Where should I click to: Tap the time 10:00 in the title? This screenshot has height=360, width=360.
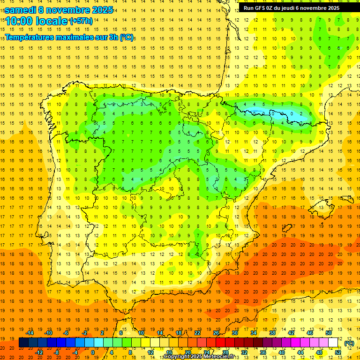coord(20,21)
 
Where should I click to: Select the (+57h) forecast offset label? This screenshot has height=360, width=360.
coord(81,21)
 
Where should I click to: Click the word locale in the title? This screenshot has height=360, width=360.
coord(52,21)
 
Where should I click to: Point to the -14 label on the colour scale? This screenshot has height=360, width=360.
coord(30,333)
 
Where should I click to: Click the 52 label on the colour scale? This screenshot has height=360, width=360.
coord(338,352)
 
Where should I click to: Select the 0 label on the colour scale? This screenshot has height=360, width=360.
coord(93,352)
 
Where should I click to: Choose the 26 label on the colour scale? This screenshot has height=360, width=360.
coord(216,333)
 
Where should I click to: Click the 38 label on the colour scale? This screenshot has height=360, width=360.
coord(272,333)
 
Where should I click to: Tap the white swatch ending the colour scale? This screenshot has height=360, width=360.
coord(333,343)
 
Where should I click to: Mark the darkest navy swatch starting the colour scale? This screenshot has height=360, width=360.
coord(23,343)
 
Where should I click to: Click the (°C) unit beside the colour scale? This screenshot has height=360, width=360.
coord(349,343)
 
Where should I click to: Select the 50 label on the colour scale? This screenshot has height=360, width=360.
coord(329,333)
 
